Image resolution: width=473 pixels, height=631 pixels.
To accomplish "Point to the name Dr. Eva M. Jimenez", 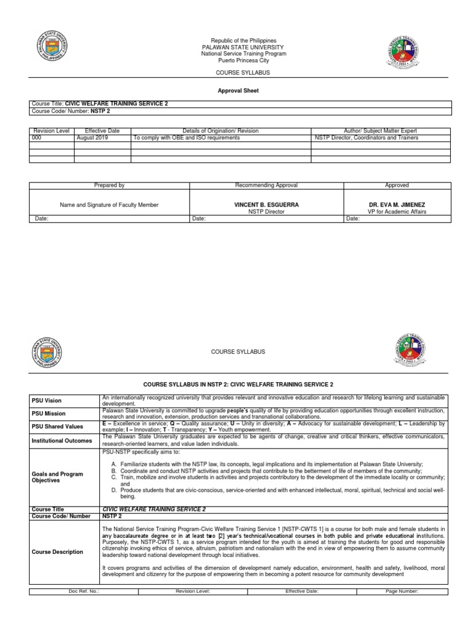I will pyautogui.click(x=396, y=205).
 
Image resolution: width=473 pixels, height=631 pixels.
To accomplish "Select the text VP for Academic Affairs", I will pyautogui.click(x=396, y=211).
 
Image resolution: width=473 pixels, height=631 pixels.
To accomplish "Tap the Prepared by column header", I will pyautogui.click(x=109, y=185).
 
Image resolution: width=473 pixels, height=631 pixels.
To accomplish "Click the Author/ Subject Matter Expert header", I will pyautogui.click(x=380, y=131).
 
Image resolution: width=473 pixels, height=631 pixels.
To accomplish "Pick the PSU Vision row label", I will pyautogui.click(x=47, y=401).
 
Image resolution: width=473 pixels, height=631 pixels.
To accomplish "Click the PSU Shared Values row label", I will pyautogui.click(x=56, y=426).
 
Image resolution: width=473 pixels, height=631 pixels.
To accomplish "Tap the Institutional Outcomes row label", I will pyautogui.click(x=61, y=441).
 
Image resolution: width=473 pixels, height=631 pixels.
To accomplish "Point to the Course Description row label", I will pyautogui.click(x=57, y=552).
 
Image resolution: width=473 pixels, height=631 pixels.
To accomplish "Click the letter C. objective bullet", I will pyautogui.click(x=114, y=478).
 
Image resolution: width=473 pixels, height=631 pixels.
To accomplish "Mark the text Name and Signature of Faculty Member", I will pyautogui.click(x=109, y=205).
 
